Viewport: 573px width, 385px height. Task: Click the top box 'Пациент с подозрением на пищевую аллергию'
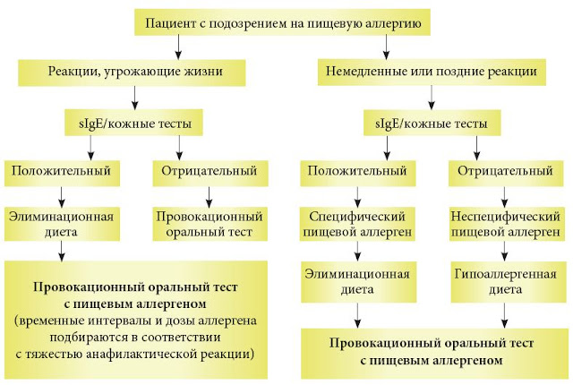282,22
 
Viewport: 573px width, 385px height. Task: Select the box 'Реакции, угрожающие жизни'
132,73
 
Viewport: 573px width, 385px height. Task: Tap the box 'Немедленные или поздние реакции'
432,73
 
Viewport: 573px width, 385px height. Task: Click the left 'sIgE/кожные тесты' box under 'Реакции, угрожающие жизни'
133,123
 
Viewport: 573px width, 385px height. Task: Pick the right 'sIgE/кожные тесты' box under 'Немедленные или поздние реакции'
432,123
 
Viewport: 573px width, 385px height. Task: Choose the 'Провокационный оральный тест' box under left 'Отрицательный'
210,224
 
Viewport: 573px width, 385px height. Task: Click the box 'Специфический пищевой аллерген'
358,224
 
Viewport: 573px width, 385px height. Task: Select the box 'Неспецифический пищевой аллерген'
506,224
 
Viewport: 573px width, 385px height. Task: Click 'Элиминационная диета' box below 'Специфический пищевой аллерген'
358,282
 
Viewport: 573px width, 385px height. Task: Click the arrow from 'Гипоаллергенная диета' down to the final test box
505,315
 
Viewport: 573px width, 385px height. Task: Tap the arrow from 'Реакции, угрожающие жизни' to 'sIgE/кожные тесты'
135,98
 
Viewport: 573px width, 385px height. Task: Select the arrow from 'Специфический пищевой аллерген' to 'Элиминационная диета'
358,251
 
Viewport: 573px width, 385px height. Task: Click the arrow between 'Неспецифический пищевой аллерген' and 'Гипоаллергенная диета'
505,251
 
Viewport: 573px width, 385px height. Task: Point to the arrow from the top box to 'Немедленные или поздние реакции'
386,47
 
